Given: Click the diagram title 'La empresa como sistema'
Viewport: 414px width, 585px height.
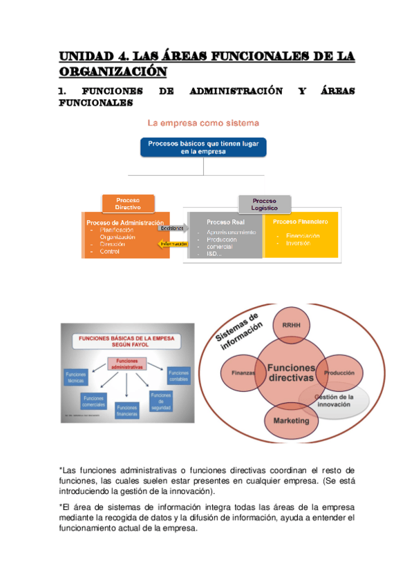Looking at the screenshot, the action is [x=203, y=123].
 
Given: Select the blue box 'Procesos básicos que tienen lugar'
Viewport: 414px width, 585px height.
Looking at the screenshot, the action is [x=203, y=148].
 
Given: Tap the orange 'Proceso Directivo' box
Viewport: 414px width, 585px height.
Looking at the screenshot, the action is [x=128, y=204].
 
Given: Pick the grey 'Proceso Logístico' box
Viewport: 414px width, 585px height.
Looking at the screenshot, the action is [x=265, y=204].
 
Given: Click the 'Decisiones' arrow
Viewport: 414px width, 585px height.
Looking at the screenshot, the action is [x=174, y=228].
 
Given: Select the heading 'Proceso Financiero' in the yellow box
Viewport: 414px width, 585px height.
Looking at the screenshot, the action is [x=300, y=222].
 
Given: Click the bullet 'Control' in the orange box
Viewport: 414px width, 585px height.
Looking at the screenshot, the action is [x=109, y=252].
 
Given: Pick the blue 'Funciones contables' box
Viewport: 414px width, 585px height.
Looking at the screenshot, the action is [x=178, y=376].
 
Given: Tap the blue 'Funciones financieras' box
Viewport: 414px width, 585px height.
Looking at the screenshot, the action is [x=126, y=411].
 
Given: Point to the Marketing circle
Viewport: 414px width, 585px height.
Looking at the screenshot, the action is [x=290, y=420].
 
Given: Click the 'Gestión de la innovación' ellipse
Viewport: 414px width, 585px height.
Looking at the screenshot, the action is [x=334, y=401].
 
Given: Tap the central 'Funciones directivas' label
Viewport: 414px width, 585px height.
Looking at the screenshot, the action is [x=290, y=373].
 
